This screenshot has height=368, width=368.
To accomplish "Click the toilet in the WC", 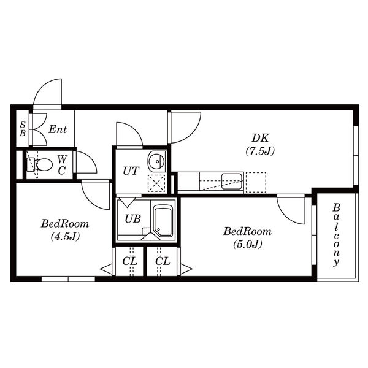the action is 39,164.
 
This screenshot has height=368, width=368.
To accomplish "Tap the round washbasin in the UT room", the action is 156,161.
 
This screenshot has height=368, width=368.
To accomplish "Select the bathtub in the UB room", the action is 163,221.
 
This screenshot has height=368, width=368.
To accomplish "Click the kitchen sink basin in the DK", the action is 232,181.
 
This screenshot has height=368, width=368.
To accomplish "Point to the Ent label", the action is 58,129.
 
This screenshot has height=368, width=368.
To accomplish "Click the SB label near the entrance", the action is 23,129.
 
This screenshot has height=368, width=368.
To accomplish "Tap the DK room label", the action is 260,138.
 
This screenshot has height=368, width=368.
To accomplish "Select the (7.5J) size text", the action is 260,151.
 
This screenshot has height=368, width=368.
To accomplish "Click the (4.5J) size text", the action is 65,236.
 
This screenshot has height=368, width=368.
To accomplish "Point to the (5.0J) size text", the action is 248,244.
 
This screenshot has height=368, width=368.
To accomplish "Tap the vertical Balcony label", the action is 337,235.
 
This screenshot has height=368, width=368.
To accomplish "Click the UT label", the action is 131,171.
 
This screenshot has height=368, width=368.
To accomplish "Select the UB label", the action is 132,219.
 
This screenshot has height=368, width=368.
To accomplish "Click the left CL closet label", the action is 129,261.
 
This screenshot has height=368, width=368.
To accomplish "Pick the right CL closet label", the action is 163,261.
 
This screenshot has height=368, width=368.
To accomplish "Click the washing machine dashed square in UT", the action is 156,183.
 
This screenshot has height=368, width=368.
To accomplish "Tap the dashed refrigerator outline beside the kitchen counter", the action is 256,183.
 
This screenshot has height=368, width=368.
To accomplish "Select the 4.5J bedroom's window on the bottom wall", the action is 68,279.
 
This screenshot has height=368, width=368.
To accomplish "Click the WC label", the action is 62,165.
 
